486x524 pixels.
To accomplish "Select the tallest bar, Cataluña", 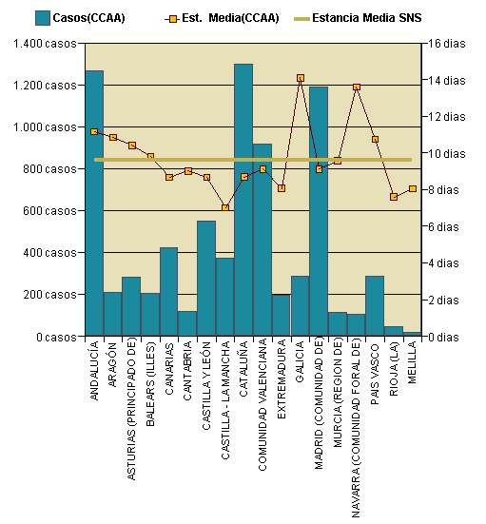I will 243,200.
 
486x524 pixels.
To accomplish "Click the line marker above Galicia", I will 301,78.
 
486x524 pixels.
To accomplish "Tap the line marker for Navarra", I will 357,87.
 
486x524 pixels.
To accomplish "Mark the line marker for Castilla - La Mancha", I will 225,207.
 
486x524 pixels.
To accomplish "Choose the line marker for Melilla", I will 412,188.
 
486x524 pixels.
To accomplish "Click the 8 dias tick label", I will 443,190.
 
